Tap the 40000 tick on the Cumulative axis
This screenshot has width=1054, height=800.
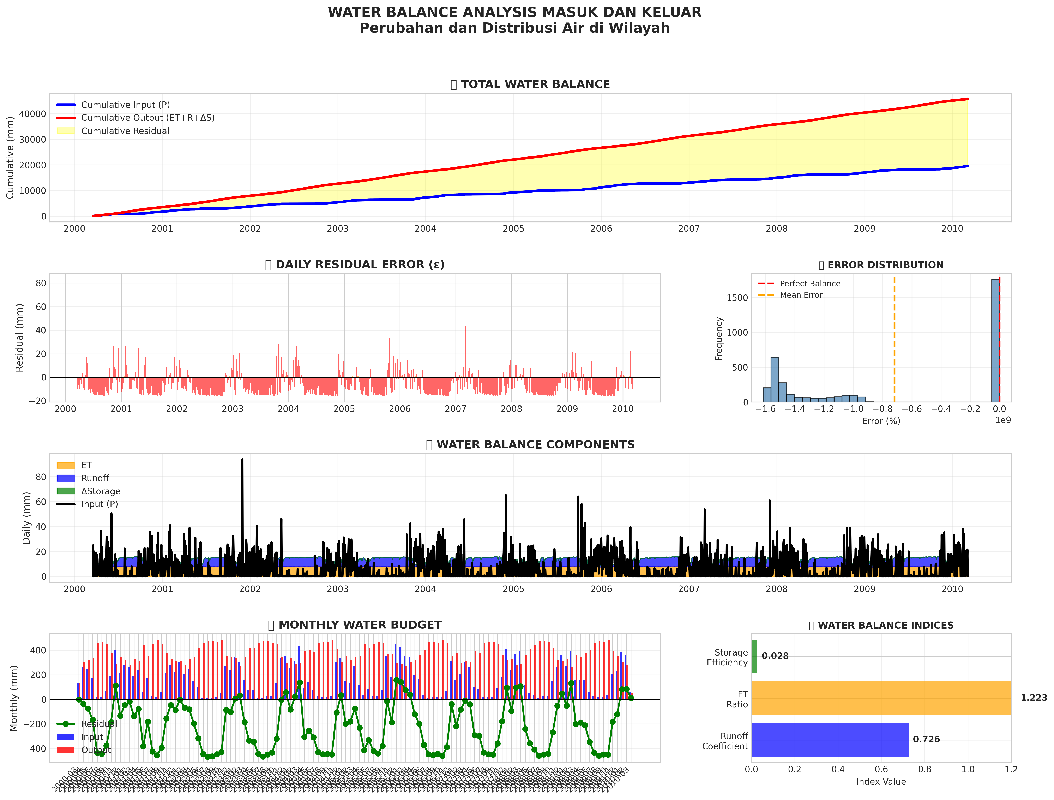[x=32, y=114]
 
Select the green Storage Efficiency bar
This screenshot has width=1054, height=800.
[x=754, y=656]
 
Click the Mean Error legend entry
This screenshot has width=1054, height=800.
[x=801, y=295]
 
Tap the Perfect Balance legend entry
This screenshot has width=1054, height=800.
[x=809, y=284]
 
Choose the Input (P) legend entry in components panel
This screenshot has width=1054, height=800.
[x=99, y=504]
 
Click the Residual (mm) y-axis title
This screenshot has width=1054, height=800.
[x=19, y=338]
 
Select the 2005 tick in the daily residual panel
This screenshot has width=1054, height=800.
[x=344, y=409]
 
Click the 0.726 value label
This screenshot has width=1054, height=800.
[x=926, y=739]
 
